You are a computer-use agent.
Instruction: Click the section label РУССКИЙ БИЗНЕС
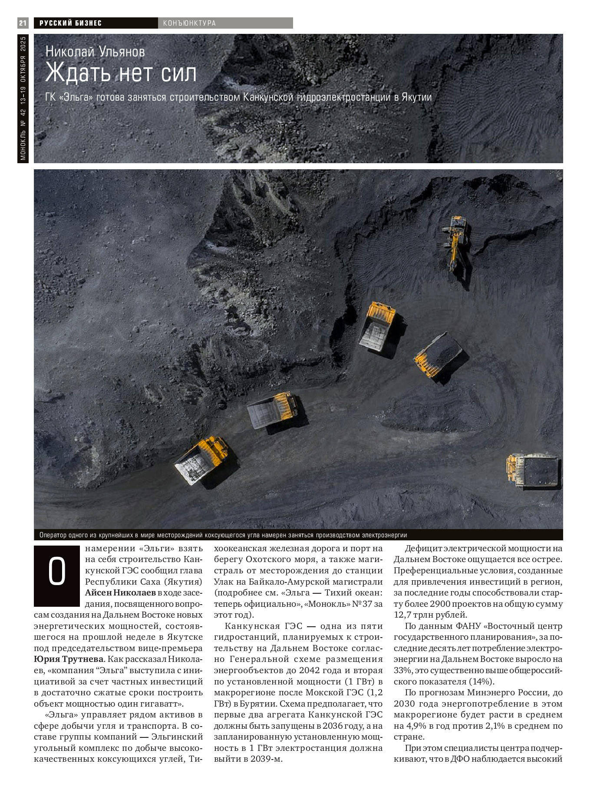[x=70, y=23]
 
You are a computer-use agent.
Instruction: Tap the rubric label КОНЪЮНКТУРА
[x=189, y=23]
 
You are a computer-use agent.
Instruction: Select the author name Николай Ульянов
[x=95, y=52]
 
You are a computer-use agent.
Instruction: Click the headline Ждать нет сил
[x=121, y=73]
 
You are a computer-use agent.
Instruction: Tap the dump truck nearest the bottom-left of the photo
[x=201, y=460]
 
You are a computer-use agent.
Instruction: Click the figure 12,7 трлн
[x=414, y=615]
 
